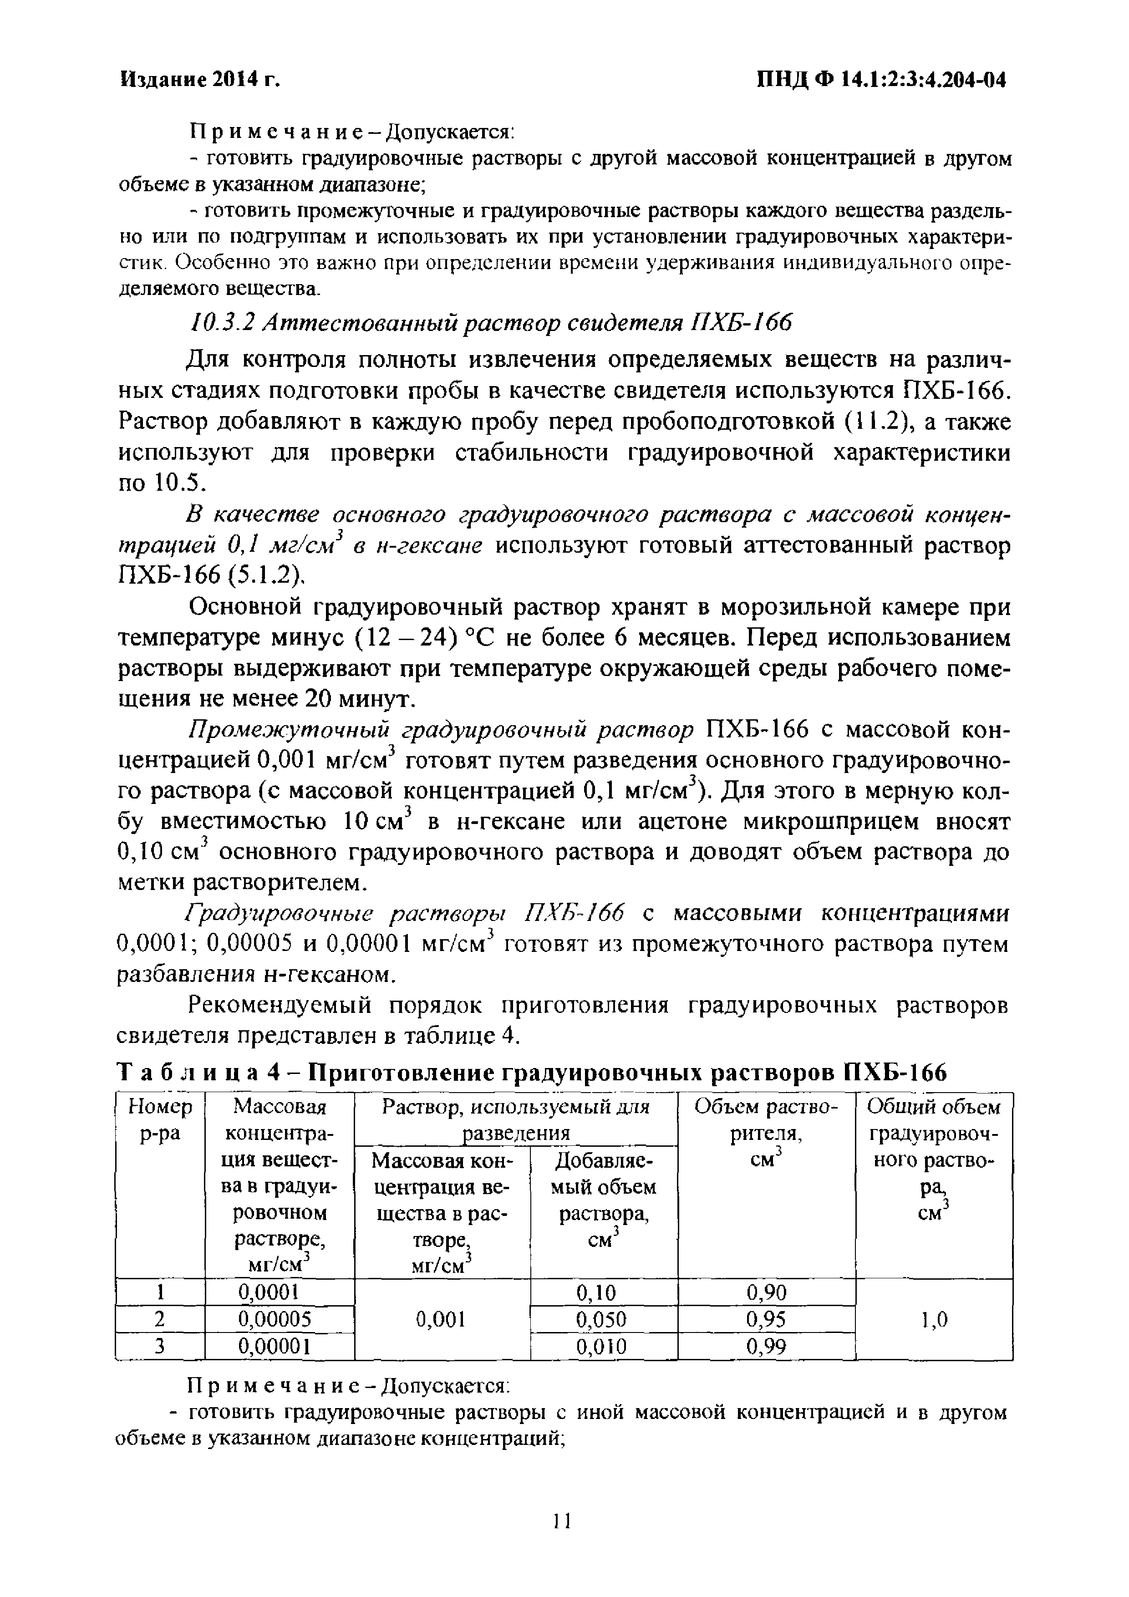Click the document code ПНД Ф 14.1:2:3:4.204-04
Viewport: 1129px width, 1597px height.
pos(881,81)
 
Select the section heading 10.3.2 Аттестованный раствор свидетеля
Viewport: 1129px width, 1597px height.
pos(491,323)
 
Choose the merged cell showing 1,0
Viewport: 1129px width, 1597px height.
pos(934,1319)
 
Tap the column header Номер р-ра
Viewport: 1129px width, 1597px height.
pos(161,1120)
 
